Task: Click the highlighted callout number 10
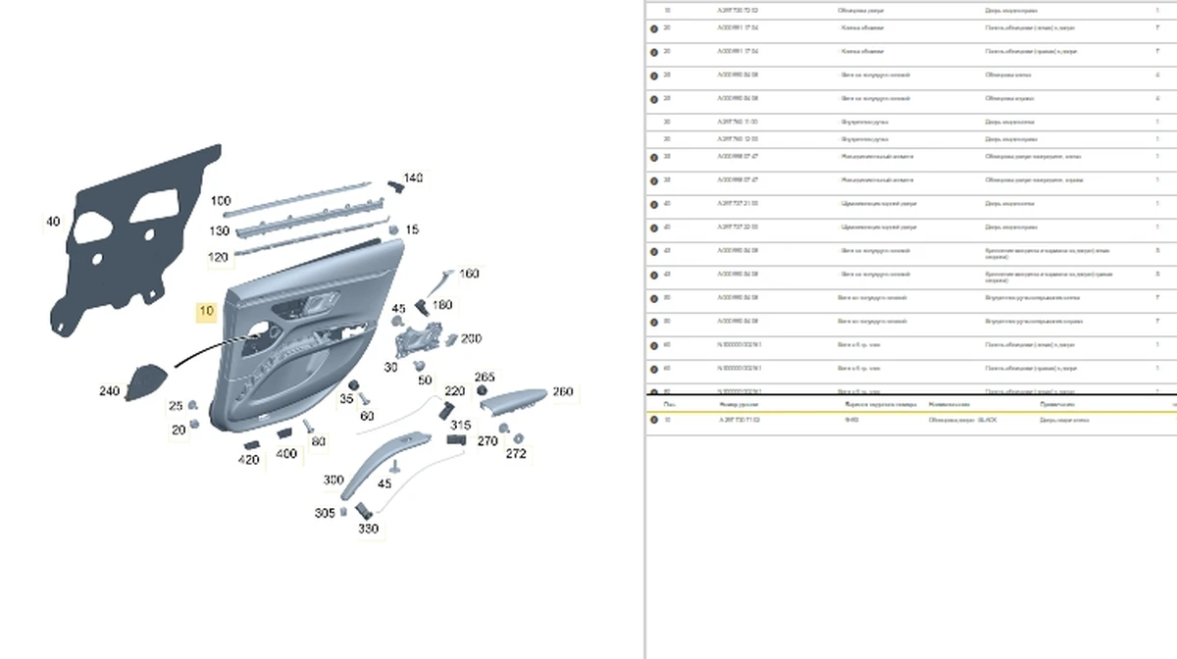[x=206, y=312]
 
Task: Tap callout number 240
[x=110, y=391]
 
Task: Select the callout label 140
[x=413, y=178]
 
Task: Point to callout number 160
[x=469, y=274]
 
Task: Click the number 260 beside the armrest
[x=562, y=391]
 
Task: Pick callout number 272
[x=516, y=454]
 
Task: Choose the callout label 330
[x=368, y=529]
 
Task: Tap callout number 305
[x=325, y=513]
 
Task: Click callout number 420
[x=249, y=460]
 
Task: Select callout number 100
[x=221, y=201]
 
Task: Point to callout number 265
[x=485, y=377]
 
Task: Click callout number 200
[x=471, y=338]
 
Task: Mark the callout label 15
[x=412, y=229]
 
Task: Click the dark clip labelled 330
[x=362, y=510]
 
